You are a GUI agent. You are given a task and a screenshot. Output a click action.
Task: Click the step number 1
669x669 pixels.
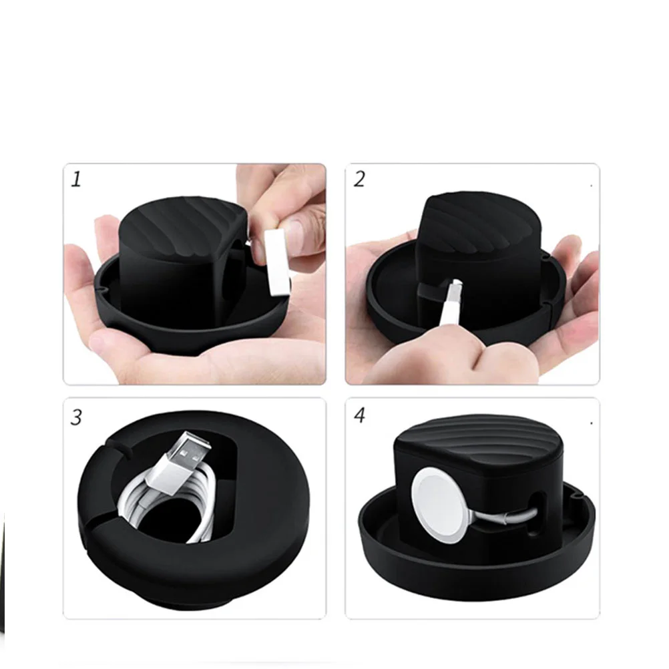[x=76, y=179]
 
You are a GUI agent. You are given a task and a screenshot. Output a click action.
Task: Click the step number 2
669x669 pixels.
[x=359, y=179]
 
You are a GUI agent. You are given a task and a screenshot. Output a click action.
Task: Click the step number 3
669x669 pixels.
[x=76, y=417]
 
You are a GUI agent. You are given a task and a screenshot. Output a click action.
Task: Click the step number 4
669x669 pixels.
[x=360, y=415]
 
